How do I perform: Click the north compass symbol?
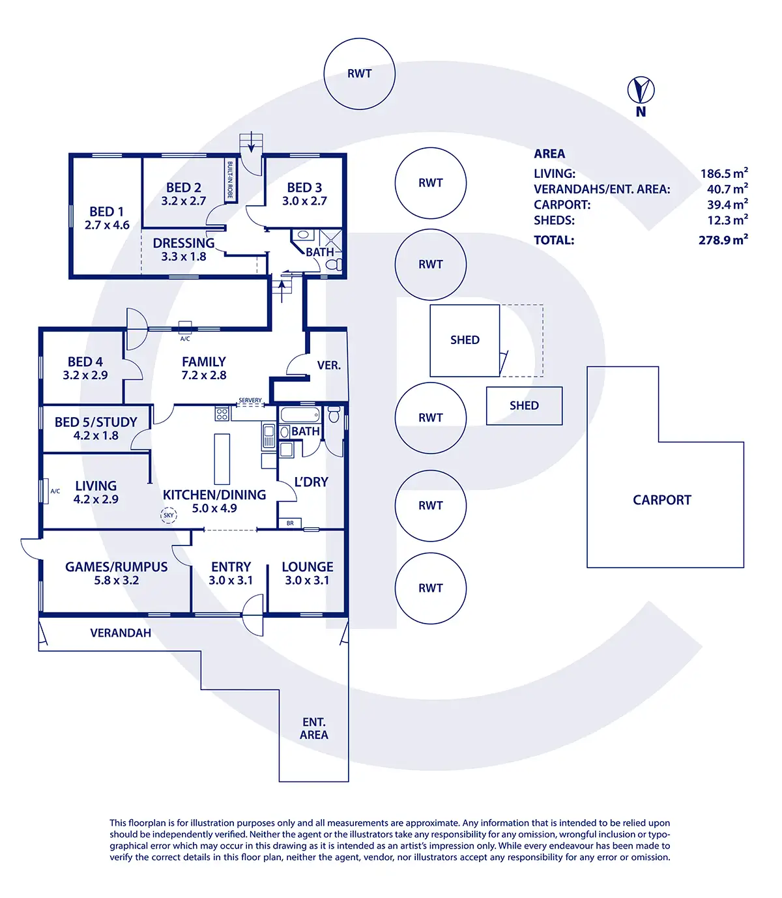tap(641, 91)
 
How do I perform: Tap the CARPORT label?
tap(661, 500)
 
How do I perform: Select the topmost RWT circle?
tap(359, 74)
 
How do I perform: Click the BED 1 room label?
tap(106, 212)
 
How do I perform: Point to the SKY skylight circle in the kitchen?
tap(169, 515)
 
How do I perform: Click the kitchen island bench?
tap(222, 459)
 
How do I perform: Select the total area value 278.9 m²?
tap(723, 240)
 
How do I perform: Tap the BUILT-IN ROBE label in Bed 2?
tap(230, 180)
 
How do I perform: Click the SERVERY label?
tap(250, 400)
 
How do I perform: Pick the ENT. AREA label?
tap(314, 729)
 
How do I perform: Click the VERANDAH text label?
tap(121, 633)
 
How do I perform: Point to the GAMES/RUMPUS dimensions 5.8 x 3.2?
tap(116, 581)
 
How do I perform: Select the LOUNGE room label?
tap(308, 567)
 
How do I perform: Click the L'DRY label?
tap(311, 482)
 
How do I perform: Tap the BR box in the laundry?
tap(290, 523)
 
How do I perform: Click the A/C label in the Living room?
tap(55, 491)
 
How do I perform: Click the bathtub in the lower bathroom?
tap(300, 414)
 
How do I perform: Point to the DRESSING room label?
tap(184, 243)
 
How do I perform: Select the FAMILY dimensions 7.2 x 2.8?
tap(204, 375)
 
